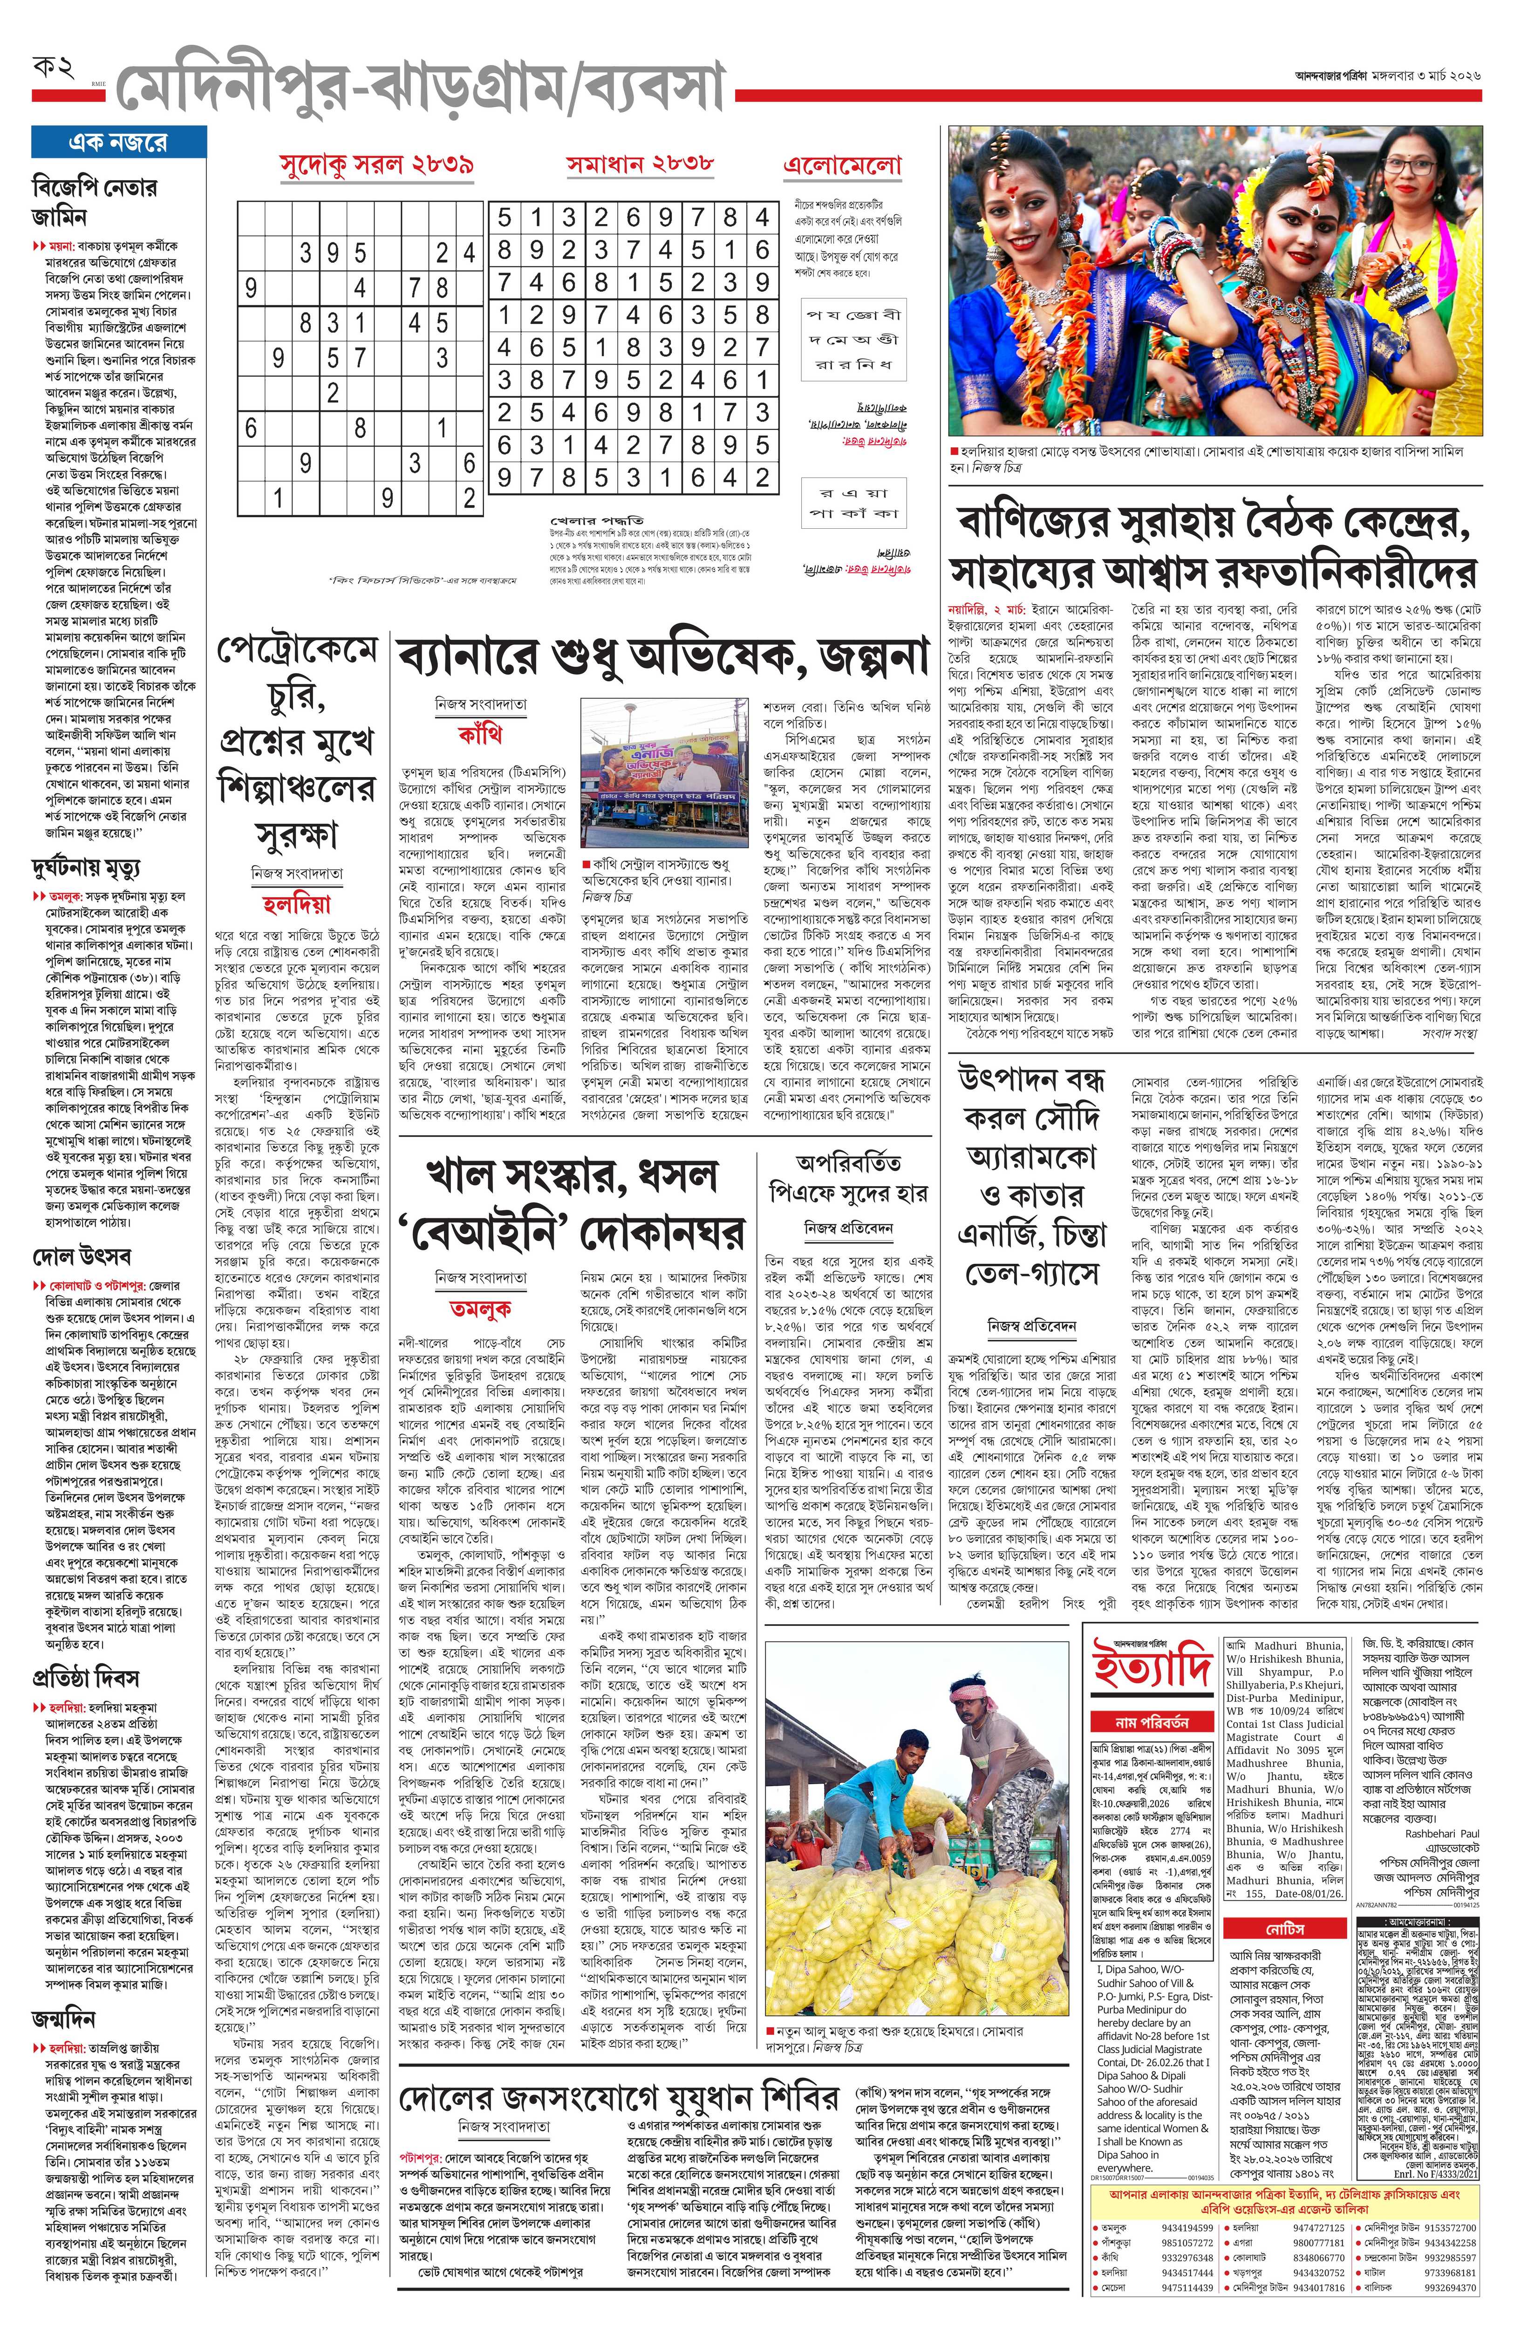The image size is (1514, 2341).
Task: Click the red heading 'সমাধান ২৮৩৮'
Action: pyautogui.click(x=640, y=163)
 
